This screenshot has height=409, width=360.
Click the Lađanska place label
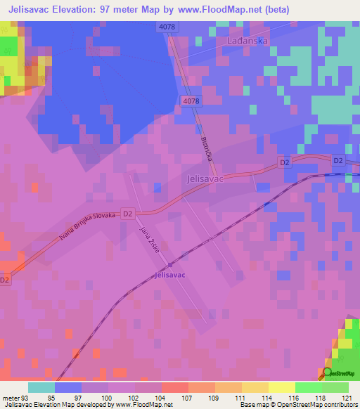248,41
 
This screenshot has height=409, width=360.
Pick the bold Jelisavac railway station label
169,275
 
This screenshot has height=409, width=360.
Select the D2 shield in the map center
127,212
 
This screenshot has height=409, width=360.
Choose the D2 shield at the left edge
5,280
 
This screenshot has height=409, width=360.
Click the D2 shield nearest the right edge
338,161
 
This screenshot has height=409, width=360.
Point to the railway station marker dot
169,264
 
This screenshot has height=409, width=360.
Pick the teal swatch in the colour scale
41,387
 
